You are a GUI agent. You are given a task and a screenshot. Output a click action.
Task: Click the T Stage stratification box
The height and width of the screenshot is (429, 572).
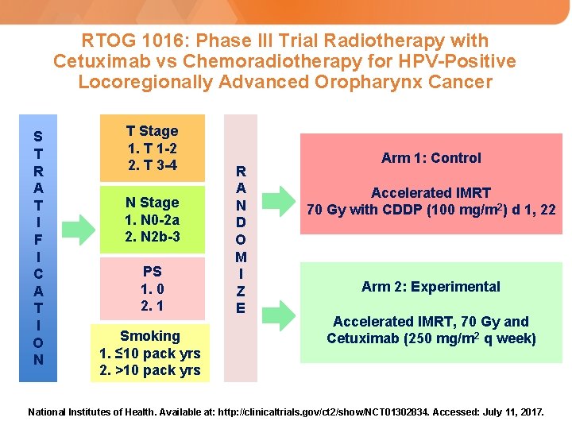[x=152, y=149]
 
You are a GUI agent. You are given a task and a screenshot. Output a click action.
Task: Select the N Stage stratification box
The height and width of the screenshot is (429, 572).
[x=152, y=220]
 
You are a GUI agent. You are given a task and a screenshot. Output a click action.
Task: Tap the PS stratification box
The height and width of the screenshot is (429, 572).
[x=152, y=288]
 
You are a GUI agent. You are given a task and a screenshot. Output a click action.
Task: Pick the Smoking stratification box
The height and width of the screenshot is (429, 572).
[x=150, y=353]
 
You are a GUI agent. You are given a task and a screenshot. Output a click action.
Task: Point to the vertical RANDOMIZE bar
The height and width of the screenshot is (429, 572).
[x=241, y=238]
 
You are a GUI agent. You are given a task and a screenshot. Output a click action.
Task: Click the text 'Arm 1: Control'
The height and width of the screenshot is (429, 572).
[x=431, y=158]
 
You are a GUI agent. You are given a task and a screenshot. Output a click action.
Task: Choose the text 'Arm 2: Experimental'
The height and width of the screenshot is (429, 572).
[x=431, y=287]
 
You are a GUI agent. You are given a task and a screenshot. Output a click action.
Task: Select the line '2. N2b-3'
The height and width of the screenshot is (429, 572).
[x=152, y=237]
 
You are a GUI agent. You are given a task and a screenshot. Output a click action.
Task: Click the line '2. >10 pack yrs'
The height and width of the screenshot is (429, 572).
[x=150, y=370]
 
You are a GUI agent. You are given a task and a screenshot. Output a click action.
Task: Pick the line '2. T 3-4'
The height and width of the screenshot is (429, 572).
[x=152, y=165]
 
